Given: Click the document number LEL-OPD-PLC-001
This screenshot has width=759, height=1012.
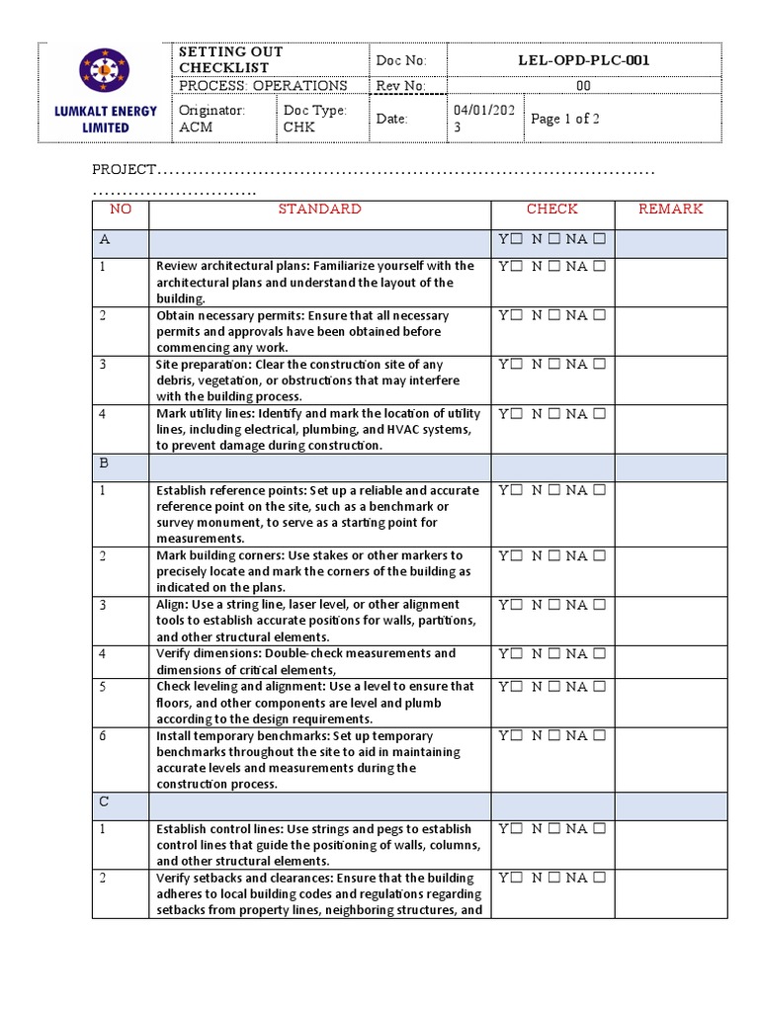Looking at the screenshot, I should (x=584, y=60).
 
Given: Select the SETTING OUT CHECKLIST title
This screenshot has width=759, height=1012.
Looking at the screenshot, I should (x=230, y=59).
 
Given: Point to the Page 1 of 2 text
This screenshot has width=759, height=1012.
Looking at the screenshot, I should (x=565, y=119).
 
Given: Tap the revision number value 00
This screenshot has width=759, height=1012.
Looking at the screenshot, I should (x=584, y=86).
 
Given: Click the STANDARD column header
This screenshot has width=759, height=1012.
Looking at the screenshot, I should (x=319, y=210).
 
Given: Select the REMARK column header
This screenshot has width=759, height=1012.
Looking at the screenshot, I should (x=670, y=210).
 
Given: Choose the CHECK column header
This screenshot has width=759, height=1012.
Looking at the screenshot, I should (x=551, y=210).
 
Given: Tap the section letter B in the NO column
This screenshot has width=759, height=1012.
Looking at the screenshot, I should (x=104, y=463).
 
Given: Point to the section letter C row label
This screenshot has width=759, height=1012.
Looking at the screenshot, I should (x=104, y=801).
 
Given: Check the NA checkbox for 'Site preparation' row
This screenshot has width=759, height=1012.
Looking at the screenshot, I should (x=599, y=365).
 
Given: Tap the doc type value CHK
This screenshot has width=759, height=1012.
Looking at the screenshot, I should (x=297, y=127).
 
